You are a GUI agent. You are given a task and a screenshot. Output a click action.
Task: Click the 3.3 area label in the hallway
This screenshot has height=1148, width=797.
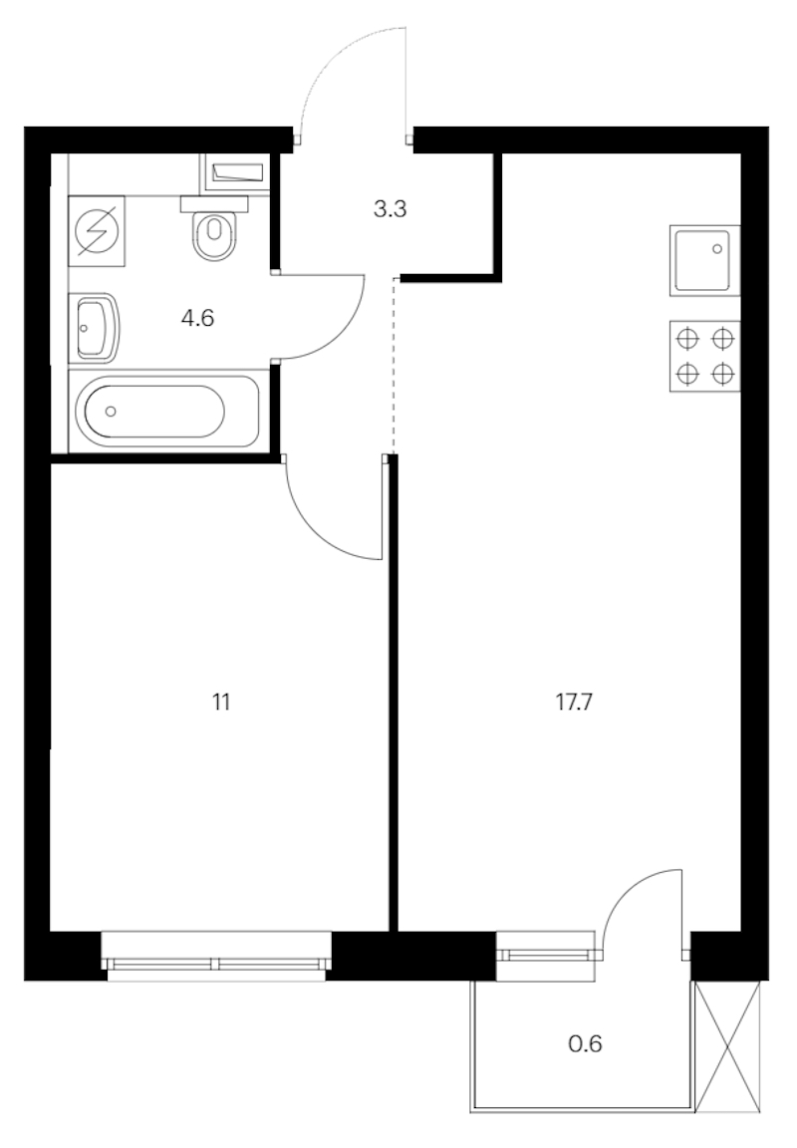click(x=391, y=209)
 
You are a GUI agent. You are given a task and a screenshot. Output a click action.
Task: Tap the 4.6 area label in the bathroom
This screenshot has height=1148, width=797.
click(x=197, y=319)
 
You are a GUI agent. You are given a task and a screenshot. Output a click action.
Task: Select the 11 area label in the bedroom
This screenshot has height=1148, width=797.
click(x=221, y=703)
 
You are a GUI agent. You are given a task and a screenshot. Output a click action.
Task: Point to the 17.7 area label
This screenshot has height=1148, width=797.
click(x=574, y=703)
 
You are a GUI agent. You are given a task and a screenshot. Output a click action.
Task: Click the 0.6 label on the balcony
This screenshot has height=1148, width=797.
click(x=586, y=1043)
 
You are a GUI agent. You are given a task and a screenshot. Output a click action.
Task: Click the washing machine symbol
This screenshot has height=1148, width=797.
click(x=97, y=230)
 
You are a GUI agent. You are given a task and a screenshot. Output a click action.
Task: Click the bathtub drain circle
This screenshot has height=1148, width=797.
click(x=111, y=412)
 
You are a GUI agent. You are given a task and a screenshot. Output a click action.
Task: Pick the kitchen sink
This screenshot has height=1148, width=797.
click(x=704, y=261)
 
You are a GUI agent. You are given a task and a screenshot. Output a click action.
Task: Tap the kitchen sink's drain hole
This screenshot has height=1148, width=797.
click(x=717, y=249)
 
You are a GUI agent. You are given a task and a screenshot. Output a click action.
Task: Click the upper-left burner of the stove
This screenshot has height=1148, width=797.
click(x=687, y=339)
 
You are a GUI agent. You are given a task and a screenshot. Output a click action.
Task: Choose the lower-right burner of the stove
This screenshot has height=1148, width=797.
click(x=723, y=374)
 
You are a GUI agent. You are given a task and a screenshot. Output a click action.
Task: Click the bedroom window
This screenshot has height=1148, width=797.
click(x=216, y=955)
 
